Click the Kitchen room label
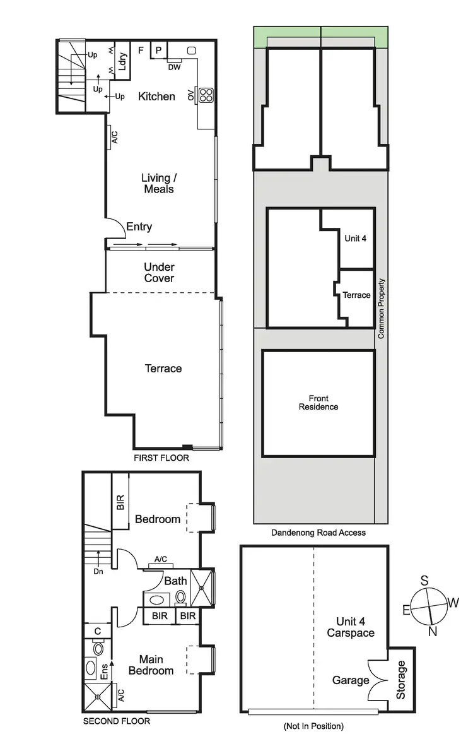(x=157, y=96)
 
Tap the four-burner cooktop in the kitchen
(x=206, y=95)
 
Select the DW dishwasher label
(x=174, y=68)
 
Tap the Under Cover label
(x=159, y=273)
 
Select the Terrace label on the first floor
(x=163, y=369)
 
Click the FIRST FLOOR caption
(x=161, y=458)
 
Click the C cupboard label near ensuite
(x=98, y=630)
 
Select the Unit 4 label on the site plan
(x=356, y=239)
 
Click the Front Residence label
(x=318, y=403)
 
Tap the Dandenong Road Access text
(x=318, y=533)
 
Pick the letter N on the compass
(x=432, y=632)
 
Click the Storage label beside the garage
(x=401, y=679)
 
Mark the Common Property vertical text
(x=381, y=309)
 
